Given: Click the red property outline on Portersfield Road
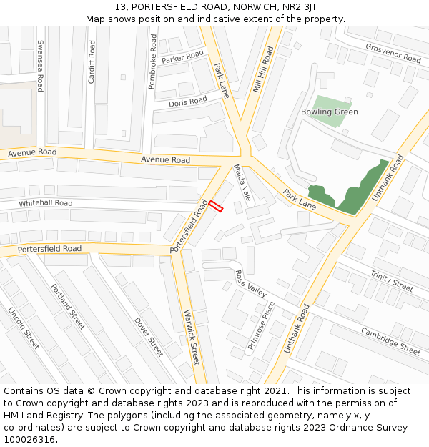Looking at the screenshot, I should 216,205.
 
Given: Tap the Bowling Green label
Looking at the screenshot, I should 329,112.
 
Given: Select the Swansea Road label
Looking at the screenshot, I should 40,65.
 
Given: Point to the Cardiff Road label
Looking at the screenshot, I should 92,62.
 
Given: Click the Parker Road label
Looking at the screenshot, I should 182,57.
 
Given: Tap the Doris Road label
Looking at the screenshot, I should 188,102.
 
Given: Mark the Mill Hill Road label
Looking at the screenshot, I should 263,70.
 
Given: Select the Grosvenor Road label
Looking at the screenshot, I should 393,54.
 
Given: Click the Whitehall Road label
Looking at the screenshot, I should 46,203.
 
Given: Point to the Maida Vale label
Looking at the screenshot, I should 242,182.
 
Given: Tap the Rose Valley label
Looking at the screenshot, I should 250,283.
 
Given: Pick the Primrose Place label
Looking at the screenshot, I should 261,325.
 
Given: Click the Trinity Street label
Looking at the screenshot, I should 391,280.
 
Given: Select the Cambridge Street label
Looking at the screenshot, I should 390,341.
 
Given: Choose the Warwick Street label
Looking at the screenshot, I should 191,337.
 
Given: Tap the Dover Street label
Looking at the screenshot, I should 149,336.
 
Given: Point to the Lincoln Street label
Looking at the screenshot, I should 23,328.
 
